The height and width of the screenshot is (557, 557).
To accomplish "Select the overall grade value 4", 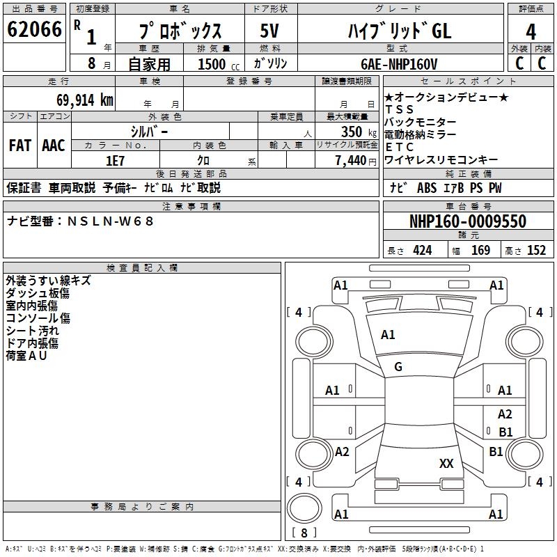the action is click(531, 31).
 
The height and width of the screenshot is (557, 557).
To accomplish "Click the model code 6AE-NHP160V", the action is click(399, 64).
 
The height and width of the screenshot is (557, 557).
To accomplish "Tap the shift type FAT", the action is click(19, 146).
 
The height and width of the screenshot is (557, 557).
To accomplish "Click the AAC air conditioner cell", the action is click(54, 146).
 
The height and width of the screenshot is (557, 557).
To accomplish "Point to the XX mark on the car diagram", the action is click(446, 464).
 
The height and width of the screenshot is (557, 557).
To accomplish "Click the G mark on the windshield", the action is click(398, 367).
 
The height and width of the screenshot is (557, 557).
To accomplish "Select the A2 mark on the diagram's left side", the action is click(342, 452).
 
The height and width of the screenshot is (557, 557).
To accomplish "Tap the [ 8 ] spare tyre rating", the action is click(304, 533).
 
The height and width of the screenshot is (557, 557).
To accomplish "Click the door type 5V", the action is click(269, 31).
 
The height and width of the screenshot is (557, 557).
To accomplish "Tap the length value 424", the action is click(423, 251).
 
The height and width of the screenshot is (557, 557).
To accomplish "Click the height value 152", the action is click(536, 251).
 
